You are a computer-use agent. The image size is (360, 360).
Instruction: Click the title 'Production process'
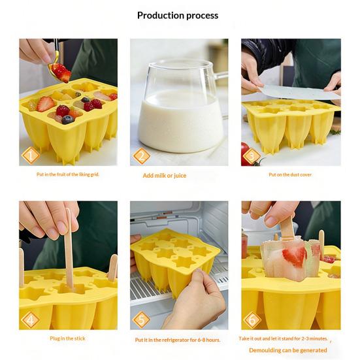(178, 15)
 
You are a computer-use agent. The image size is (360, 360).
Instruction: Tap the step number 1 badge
(29, 155)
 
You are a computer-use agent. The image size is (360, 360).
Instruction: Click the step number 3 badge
(252, 155)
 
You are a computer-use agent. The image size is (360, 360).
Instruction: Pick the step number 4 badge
(29, 319)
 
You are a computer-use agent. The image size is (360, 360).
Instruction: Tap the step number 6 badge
(252, 319)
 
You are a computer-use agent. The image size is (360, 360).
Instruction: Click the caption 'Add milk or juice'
(165, 176)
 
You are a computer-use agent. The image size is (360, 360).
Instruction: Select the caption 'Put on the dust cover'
(291, 175)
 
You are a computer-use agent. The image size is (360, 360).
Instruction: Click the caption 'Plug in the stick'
(67, 338)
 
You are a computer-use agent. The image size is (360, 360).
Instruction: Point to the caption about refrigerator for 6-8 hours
(178, 340)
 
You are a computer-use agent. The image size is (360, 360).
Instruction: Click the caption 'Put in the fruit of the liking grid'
(67, 175)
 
